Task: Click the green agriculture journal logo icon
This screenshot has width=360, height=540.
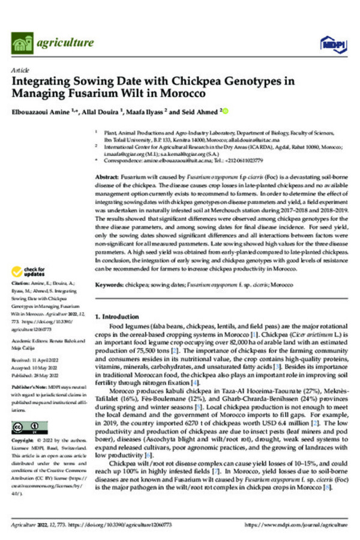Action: point(22,43)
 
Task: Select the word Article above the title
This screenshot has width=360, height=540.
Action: point(19,71)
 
